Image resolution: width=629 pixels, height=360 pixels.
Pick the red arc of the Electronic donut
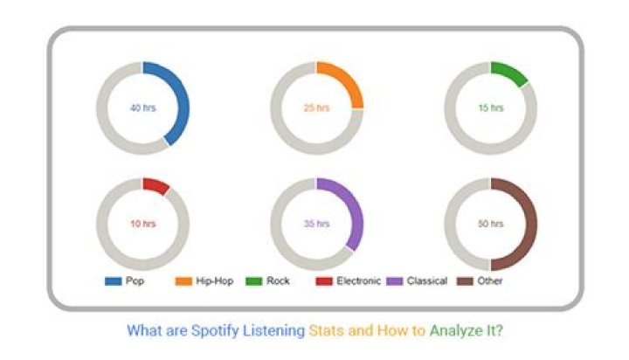click(156, 185)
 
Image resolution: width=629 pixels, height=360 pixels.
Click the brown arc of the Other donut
click(530, 225)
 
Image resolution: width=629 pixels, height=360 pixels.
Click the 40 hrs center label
click(142, 108)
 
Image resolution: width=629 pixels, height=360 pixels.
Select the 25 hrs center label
click(316, 108)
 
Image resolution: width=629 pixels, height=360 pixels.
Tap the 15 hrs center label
click(491, 108)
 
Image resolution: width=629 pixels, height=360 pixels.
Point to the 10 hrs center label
click(142, 224)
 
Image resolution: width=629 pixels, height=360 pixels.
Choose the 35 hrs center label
click(316, 224)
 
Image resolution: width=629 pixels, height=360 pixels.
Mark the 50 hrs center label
click(491, 224)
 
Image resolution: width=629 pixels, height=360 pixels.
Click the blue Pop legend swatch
click(113, 281)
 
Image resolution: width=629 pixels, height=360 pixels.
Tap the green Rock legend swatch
click(254, 281)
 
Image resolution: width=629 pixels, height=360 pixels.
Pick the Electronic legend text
click(358, 281)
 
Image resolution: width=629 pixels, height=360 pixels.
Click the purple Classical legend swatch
click(394, 281)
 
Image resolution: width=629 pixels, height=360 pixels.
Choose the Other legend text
click(490, 281)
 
